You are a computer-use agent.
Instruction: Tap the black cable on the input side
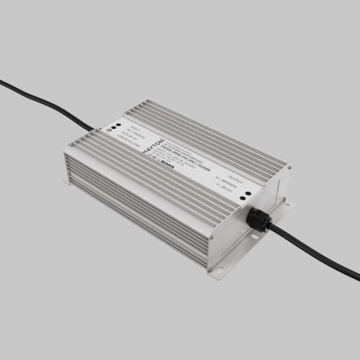click(x=43, y=104)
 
